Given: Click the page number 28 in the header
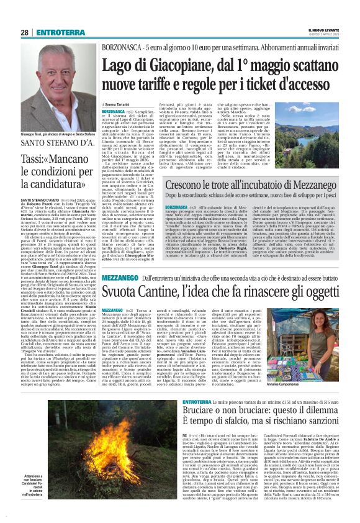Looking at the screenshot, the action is (24, 32).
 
